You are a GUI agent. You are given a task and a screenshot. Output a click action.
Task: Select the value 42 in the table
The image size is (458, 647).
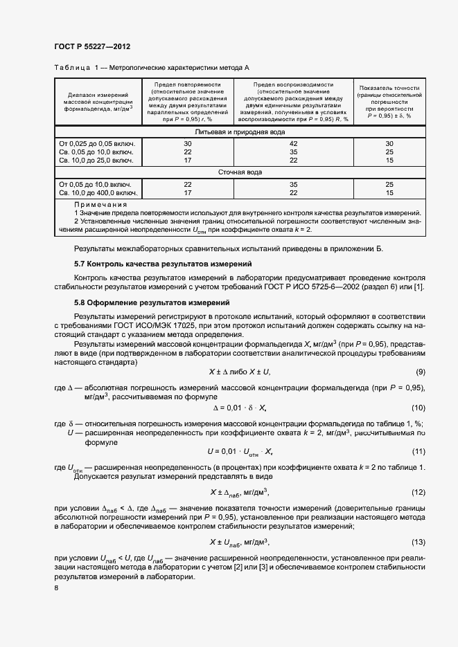pyautogui.click(x=294, y=143)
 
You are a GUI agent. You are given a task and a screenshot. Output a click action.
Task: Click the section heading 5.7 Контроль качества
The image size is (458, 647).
pyautogui.click(x=162, y=264)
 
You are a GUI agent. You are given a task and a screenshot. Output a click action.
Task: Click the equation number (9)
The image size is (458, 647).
pyautogui.click(x=419, y=372)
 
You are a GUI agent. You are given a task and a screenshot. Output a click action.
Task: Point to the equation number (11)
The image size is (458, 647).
pyautogui.click(x=419, y=451)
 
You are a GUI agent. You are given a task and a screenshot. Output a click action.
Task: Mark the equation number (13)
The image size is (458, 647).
pyautogui.click(x=419, y=542)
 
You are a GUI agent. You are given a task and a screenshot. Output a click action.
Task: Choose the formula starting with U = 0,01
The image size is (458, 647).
pyautogui.click(x=239, y=452)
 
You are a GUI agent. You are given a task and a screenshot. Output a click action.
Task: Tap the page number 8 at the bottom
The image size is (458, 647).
pyautogui.click(x=57, y=587)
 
